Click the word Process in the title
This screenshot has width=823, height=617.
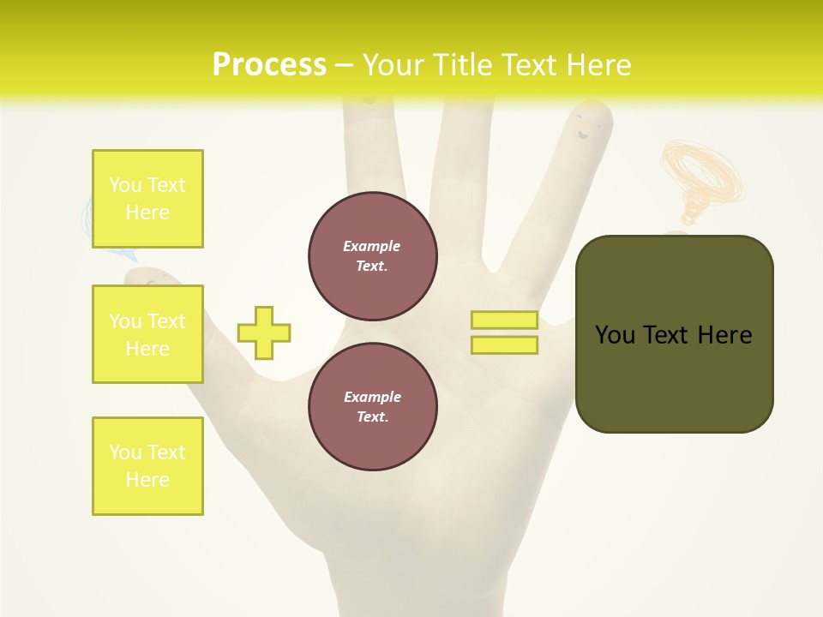(x=269, y=65)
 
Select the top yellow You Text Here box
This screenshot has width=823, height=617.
(x=147, y=199)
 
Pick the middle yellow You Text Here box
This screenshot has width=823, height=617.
(x=147, y=334)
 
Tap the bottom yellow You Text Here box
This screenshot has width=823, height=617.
(x=147, y=466)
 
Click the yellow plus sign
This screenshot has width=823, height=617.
(x=264, y=332)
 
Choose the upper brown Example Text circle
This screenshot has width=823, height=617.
(x=372, y=256)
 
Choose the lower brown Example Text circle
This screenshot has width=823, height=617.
(x=372, y=406)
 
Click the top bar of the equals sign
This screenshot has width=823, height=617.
(x=504, y=320)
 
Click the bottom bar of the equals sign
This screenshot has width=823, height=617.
(x=504, y=345)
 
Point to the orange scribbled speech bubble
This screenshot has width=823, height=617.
(x=702, y=176)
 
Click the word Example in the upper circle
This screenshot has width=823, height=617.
(x=372, y=246)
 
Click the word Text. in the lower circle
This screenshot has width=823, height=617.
(x=372, y=416)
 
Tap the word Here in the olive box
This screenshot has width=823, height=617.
(x=724, y=334)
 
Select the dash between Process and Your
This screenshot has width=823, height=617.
(x=345, y=65)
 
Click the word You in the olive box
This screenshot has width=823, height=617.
(x=615, y=334)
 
